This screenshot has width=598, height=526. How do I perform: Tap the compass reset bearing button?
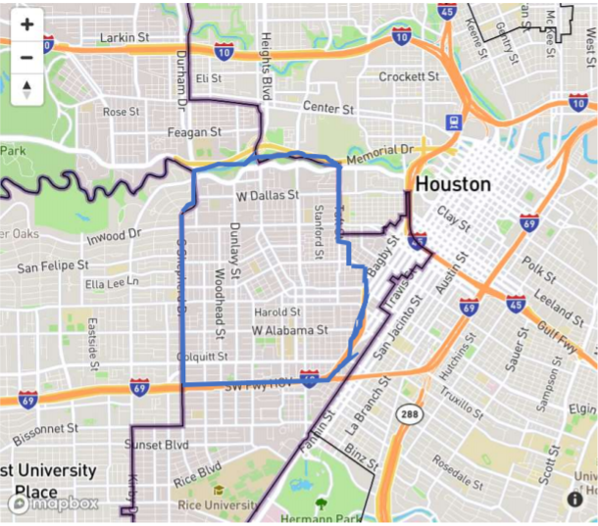pyautogui.click(x=26, y=90)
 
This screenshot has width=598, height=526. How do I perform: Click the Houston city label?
pyautogui.click(x=453, y=184)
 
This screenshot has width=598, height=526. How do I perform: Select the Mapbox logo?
pyautogui.click(x=55, y=503)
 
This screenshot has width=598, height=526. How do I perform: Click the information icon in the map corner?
pyautogui.click(x=575, y=499)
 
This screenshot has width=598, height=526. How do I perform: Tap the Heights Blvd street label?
pyautogui.click(x=266, y=65)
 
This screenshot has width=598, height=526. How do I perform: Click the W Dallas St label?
pyautogui.click(x=268, y=196)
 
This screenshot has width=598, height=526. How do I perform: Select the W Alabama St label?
pyautogui.click(x=289, y=331)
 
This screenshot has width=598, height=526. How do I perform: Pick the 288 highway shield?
pyautogui.click(x=408, y=415)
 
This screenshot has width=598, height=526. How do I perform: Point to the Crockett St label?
pyautogui.click(x=409, y=76)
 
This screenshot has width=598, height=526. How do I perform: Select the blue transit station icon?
pyautogui.click(x=454, y=123)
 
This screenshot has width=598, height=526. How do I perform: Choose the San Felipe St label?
pyautogui.click(x=53, y=265)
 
